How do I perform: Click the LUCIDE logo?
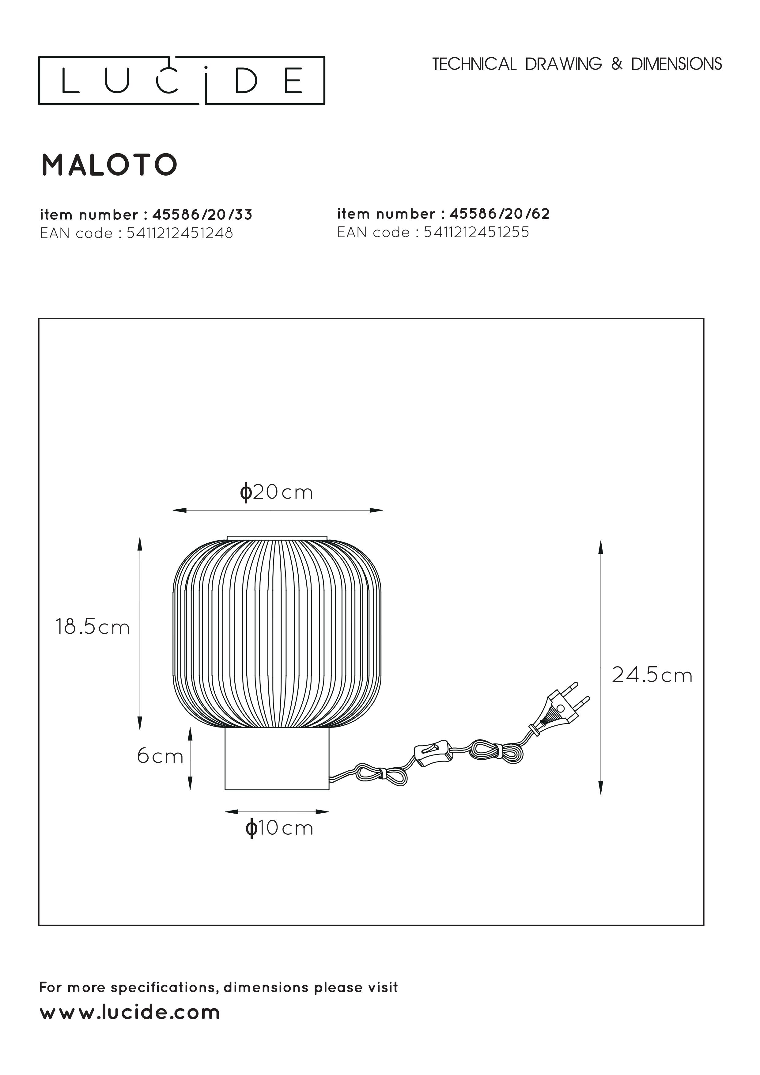(182, 81)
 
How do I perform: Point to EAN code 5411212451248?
(180, 233)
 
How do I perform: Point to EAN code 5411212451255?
(476, 232)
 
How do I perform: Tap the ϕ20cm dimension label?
(276, 492)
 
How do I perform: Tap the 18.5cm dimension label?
(93, 627)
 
